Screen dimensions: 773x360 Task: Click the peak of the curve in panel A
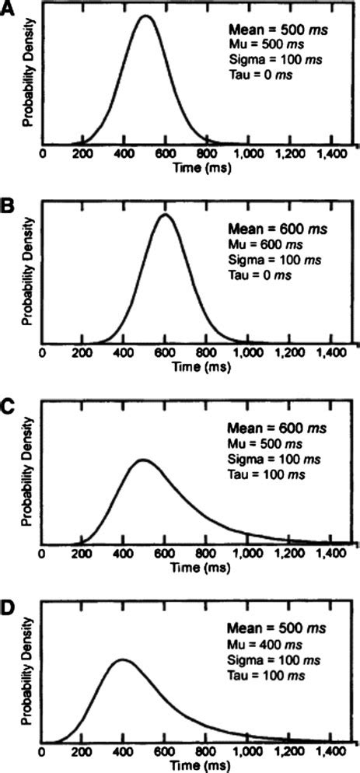(145, 16)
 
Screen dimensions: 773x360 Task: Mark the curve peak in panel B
(164, 215)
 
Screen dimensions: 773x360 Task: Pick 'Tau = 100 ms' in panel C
(262, 474)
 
